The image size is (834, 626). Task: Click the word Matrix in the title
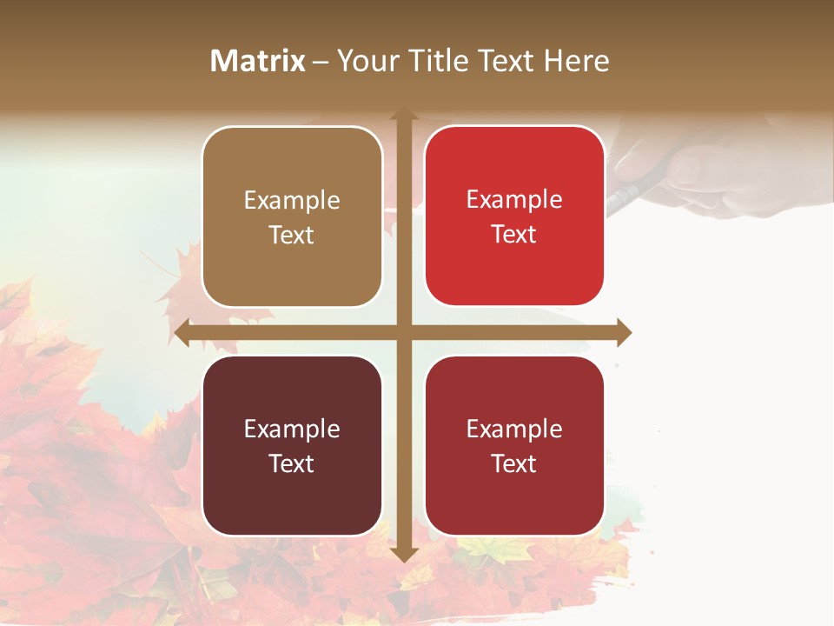(258, 61)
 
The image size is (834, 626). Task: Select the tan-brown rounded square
(292, 216)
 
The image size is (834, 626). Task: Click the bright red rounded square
(514, 216)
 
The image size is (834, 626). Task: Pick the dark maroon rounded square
(292, 445)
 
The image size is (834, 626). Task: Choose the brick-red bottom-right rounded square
(514, 445)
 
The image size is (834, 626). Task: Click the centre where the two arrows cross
(403, 332)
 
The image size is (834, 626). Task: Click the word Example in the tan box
(292, 200)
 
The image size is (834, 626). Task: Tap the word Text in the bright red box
(514, 235)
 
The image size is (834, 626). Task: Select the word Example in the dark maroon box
(292, 429)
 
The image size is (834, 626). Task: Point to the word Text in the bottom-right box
(514, 463)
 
